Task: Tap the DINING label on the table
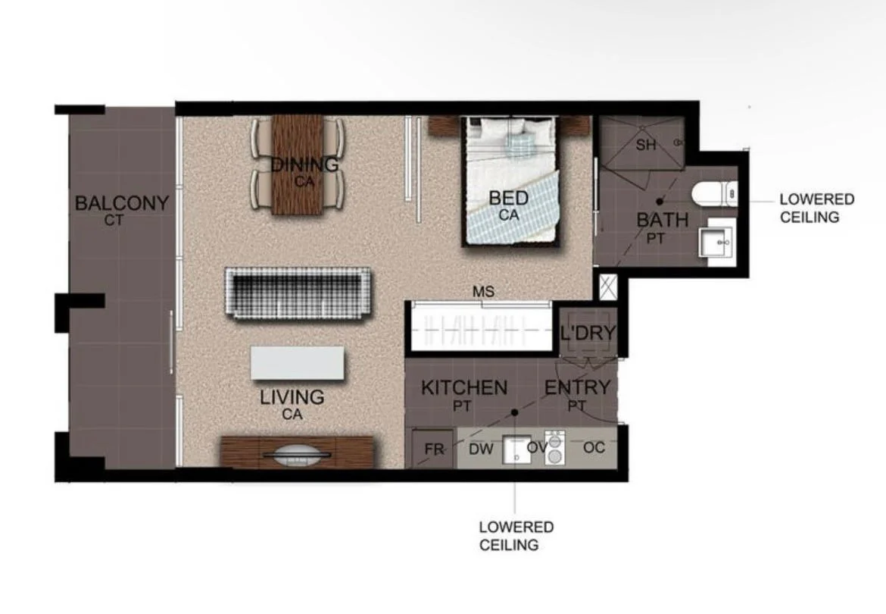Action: point(304,164)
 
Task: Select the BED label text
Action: point(508,199)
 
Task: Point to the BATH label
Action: point(662,221)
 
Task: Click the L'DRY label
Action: point(588,333)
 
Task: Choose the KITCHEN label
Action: point(464,388)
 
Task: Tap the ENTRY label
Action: point(577,387)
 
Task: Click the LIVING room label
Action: point(292,397)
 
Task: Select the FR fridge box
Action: point(433,449)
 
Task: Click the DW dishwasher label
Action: point(481,449)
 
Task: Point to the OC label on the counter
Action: point(594,448)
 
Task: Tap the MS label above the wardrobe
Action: point(482,291)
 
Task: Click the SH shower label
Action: point(646,146)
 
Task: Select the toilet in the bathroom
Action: point(713,194)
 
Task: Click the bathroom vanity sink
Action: point(715,243)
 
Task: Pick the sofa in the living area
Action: point(298,293)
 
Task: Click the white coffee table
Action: point(298,363)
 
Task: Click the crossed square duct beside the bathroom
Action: point(607,287)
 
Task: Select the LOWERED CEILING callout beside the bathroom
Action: point(816,208)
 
